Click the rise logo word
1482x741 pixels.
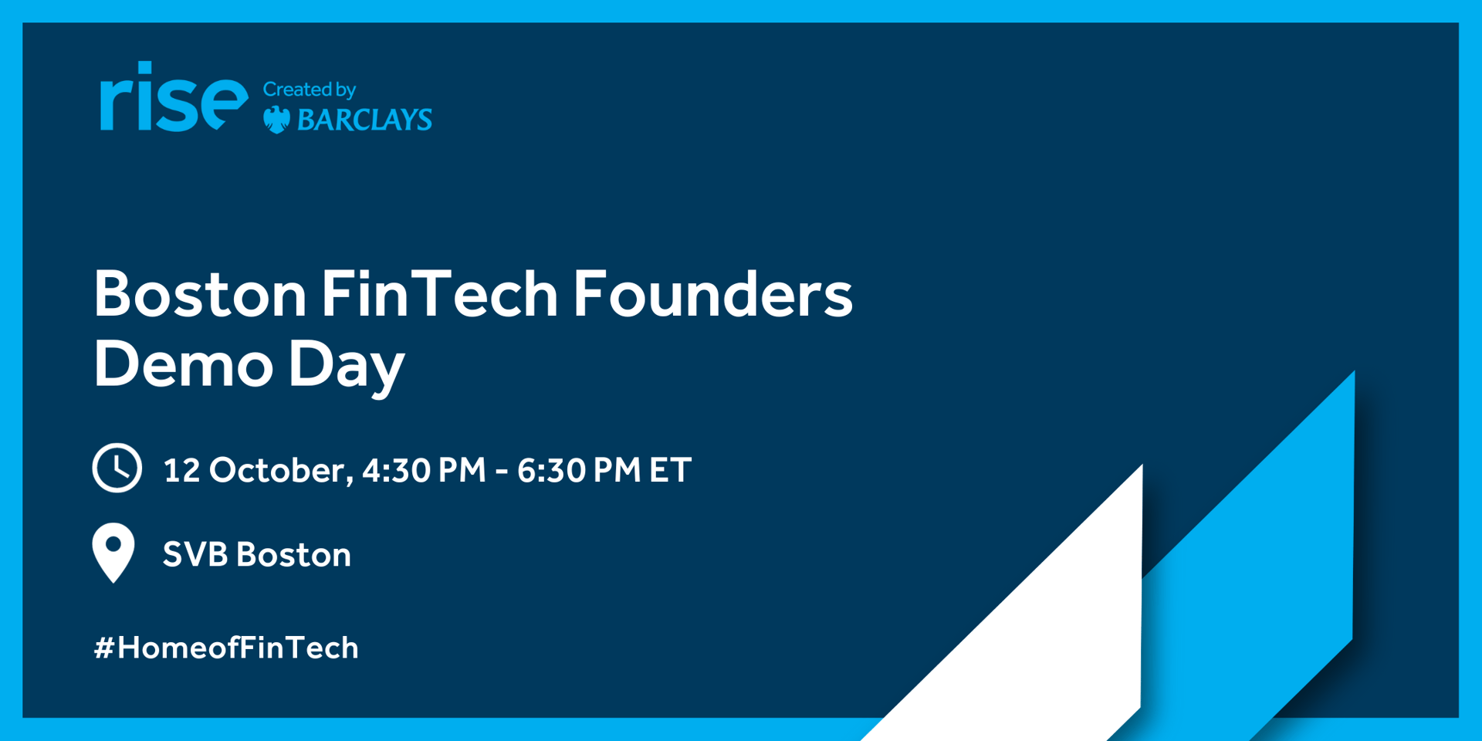click(174, 97)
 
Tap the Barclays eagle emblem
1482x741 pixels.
click(277, 120)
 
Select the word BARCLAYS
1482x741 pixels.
click(364, 120)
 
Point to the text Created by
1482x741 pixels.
click(310, 90)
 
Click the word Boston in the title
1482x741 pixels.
click(201, 294)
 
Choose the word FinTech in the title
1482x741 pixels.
click(439, 293)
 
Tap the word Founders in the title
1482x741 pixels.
click(712, 293)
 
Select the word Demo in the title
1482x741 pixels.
click(184, 364)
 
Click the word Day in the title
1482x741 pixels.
click(347, 368)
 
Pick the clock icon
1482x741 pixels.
click(117, 468)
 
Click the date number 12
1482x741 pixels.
click(182, 470)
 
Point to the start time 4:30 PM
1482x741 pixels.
click(424, 470)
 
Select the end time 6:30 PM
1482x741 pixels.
click(579, 470)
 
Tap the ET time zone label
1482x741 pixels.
click(670, 470)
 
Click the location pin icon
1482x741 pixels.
click(113, 550)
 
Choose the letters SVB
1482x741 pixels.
click(195, 554)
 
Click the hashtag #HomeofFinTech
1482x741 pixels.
click(226, 648)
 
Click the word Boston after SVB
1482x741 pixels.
click(293, 554)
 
